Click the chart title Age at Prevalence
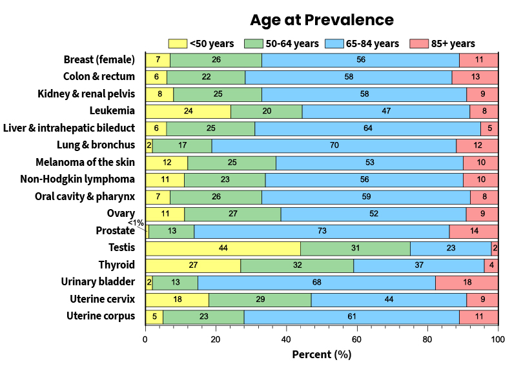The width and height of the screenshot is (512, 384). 322,20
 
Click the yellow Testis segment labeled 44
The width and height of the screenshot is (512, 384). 223,248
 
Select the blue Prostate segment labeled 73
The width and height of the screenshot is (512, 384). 322,231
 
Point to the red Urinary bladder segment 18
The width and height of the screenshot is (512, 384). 466,283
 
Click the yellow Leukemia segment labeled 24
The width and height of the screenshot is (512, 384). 188,111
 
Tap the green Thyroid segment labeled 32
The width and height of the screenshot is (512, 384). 297,265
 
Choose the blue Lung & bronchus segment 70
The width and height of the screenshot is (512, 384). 334,145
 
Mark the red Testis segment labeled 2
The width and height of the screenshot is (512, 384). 495,248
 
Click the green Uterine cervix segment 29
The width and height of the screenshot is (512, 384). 260,299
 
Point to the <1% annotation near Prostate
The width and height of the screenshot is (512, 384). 136,223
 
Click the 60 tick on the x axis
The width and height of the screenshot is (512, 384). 357,338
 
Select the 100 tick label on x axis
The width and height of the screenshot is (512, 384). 497,338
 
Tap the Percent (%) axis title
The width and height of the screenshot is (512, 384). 322,354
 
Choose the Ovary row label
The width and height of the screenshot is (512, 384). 121,214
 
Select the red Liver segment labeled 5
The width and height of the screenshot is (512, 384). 489,128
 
